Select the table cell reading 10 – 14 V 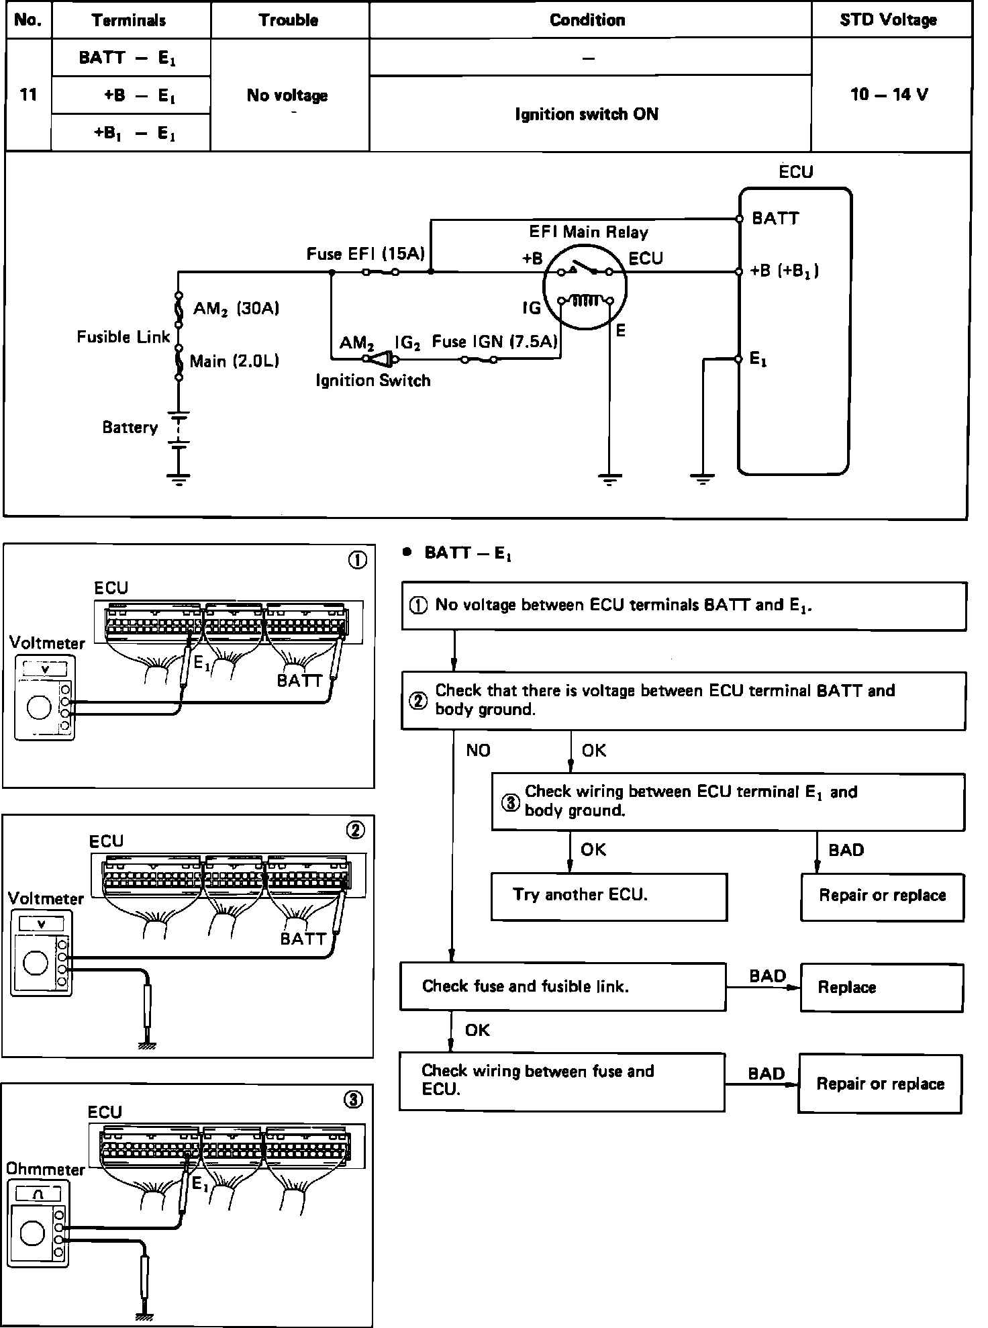click(889, 94)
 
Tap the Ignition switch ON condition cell click(587, 114)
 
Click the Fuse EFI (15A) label click(366, 254)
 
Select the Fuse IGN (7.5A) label click(495, 342)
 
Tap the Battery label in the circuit click(130, 428)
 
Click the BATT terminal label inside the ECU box click(775, 218)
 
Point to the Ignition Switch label click(373, 381)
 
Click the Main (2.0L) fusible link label click(234, 362)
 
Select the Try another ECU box click(609, 896)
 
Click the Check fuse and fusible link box click(562, 986)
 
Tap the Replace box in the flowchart click(881, 988)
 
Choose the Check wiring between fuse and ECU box click(562, 1081)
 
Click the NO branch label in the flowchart click(478, 750)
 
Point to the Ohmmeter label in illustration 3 click(46, 1169)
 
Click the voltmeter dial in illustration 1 click(39, 708)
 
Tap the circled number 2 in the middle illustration click(355, 831)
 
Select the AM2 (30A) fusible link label click(236, 309)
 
